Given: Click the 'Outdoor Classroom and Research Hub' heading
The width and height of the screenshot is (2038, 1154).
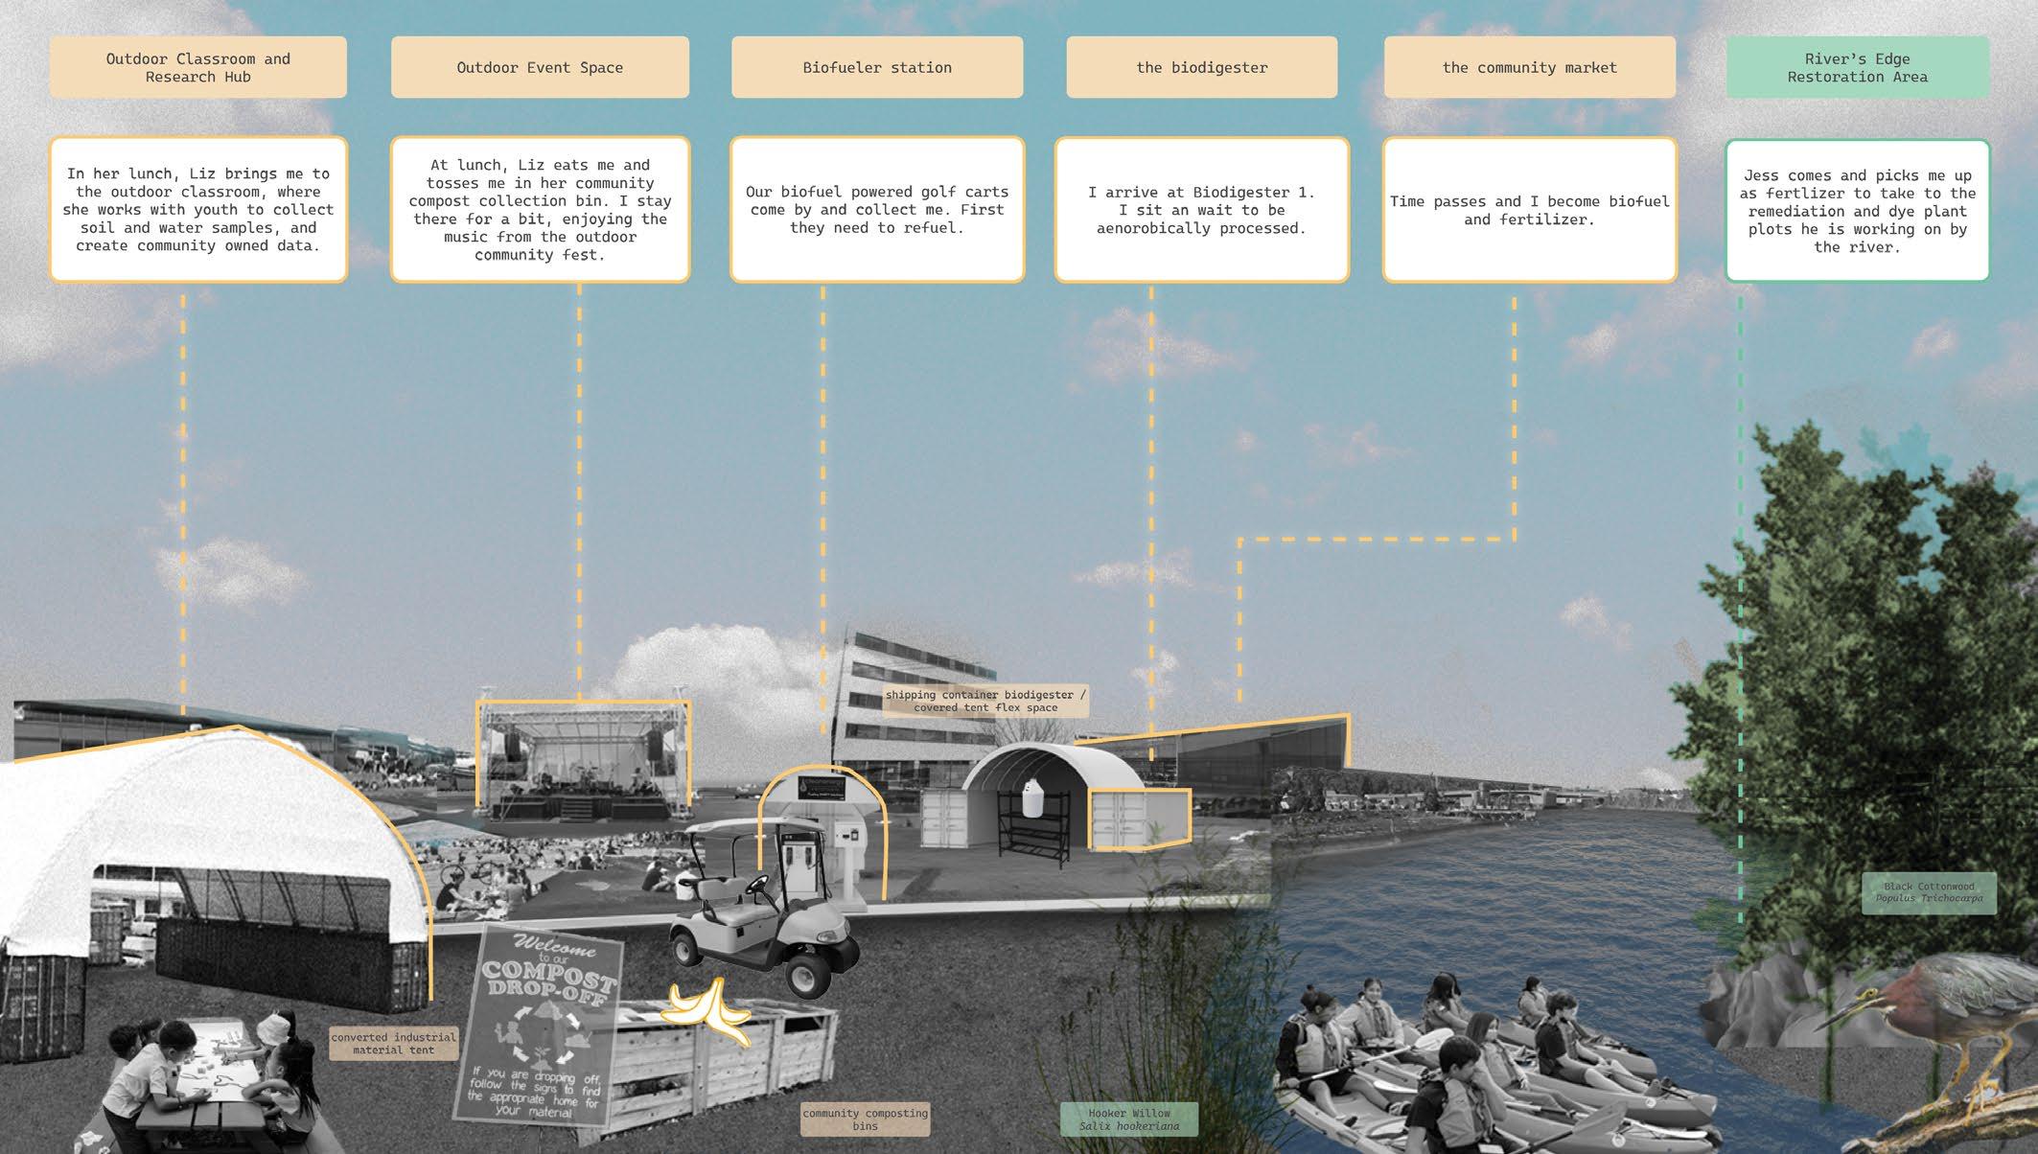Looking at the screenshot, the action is (x=197, y=67).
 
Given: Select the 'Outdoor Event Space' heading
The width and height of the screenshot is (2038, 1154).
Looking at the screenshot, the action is (x=540, y=67).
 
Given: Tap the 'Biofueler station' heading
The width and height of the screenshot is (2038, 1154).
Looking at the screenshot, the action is (x=877, y=67).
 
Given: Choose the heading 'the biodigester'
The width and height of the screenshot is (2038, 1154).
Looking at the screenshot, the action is (x=1201, y=67).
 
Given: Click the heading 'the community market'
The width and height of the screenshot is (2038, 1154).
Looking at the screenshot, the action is (x=1529, y=67).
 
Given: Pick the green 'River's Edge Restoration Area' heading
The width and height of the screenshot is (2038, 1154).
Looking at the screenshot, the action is (x=1857, y=67).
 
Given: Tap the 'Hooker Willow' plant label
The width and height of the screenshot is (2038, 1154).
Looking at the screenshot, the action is (x=1128, y=1119).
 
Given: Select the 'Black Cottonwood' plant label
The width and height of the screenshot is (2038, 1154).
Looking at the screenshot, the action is (x=1928, y=892).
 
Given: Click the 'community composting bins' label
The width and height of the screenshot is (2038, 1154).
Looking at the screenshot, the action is (x=865, y=1119).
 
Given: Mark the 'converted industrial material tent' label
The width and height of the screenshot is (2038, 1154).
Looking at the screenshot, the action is (x=393, y=1043).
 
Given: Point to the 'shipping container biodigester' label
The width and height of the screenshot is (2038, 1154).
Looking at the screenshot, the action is (x=984, y=701).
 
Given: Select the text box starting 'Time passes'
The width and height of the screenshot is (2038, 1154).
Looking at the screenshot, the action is (x=1529, y=210).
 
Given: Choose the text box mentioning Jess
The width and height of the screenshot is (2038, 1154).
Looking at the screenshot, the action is (x=1857, y=211).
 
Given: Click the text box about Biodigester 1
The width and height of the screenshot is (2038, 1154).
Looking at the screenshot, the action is (x=1201, y=210).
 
